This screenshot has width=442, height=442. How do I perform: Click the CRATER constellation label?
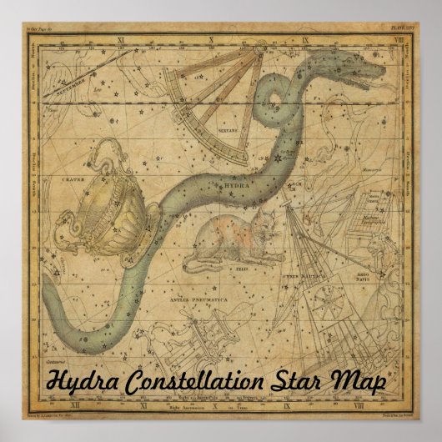coord(62,178)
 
